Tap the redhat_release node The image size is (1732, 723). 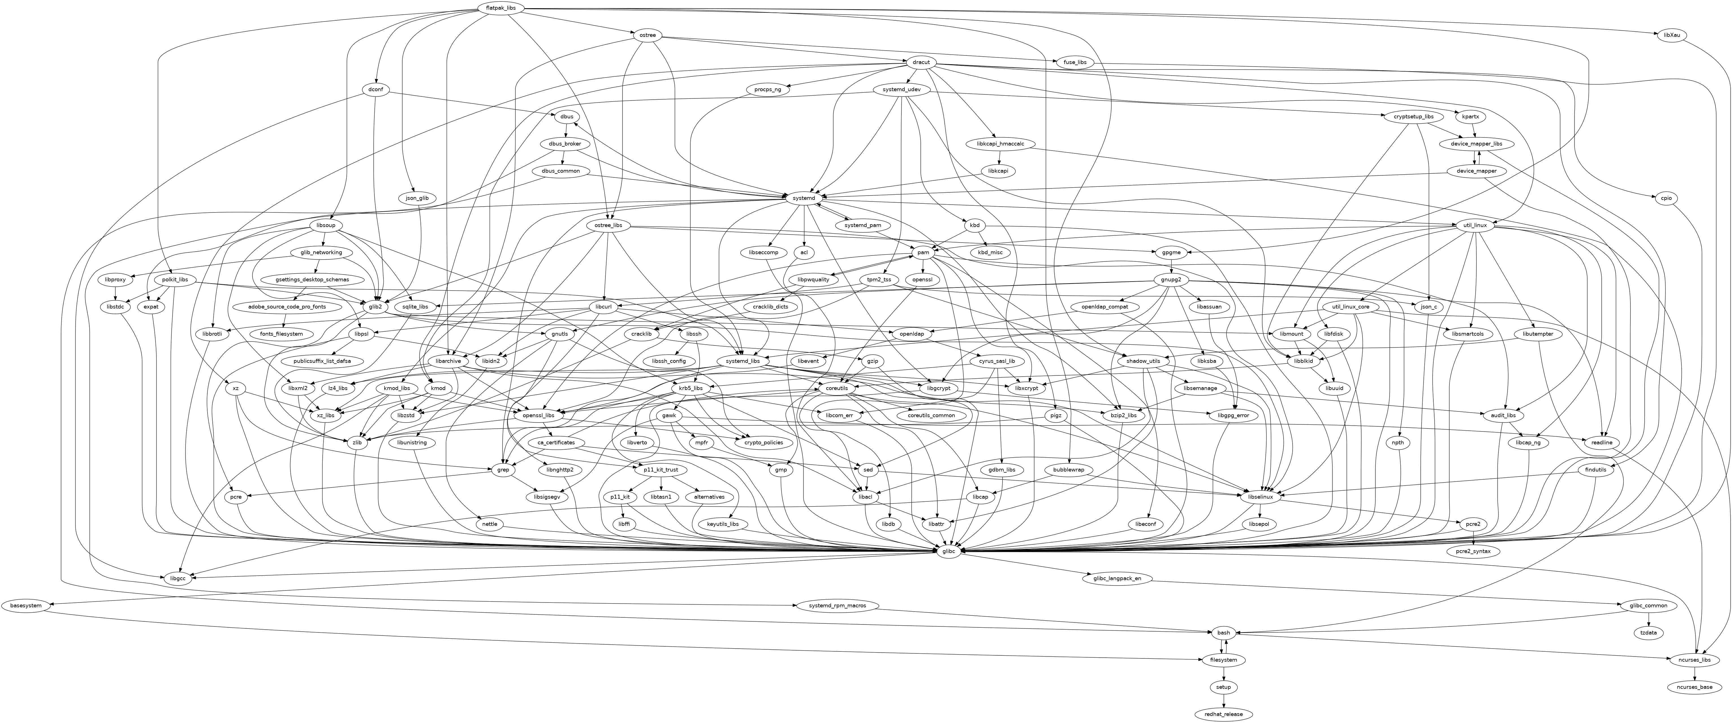(1223, 714)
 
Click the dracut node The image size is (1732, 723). (921, 63)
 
